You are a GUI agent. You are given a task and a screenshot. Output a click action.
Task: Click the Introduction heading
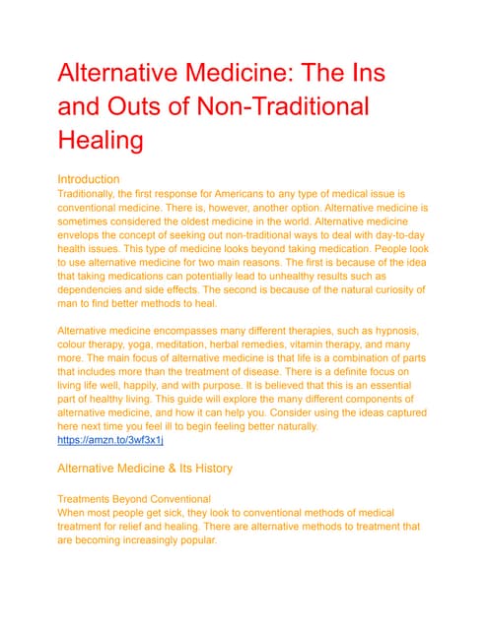coord(89,180)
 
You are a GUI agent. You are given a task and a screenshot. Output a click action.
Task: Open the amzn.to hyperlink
coord(110,439)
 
